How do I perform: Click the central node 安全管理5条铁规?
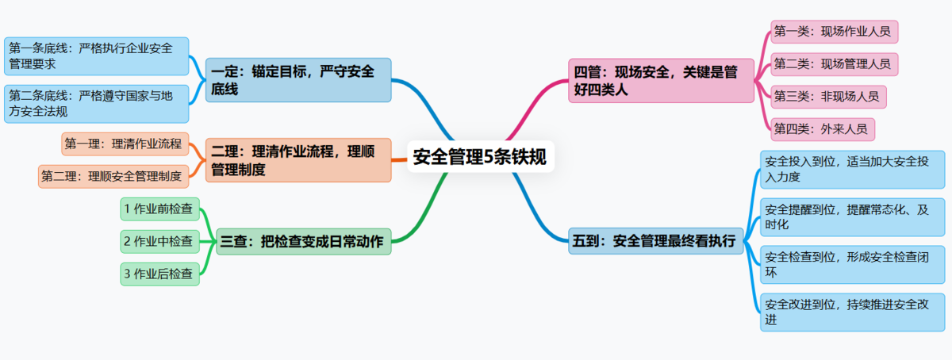coord(480,156)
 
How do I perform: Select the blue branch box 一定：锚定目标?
coord(299,79)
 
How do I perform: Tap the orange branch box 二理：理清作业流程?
coord(299,159)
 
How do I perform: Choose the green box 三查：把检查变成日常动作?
coord(304,241)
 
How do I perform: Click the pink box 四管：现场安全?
coord(661,80)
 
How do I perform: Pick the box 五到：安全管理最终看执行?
coord(656,240)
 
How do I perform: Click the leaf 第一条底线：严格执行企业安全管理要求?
coord(96,56)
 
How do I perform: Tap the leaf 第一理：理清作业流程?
coord(125,144)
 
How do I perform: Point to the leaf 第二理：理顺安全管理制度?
coord(113,175)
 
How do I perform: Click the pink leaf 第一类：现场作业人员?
coord(833,33)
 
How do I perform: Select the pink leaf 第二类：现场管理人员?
coord(833,64)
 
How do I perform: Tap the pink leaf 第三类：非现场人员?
coord(828,96)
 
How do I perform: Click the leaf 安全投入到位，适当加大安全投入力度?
coord(852,170)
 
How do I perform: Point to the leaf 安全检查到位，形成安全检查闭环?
coord(852,265)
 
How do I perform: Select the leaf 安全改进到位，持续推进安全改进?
coord(852,312)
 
